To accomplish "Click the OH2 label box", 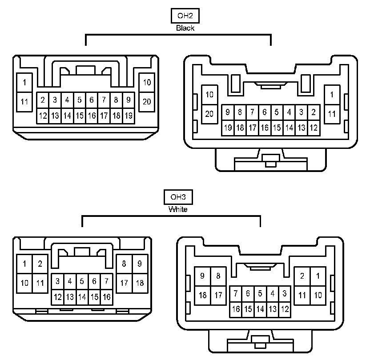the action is click(x=185, y=16).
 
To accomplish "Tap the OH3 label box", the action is click(x=178, y=197).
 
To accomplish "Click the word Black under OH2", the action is click(x=185, y=28).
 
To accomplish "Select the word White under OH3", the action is click(x=178, y=209).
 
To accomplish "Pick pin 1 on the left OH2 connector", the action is click(x=24, y=82).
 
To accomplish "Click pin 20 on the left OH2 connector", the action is click(x=147, y=102).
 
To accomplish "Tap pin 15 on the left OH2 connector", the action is click(x=79, y=116).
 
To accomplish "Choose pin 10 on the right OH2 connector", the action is click(x=209, y=95).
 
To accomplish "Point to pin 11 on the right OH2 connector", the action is click(x=332, y=114).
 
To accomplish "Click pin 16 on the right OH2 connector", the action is click(x=264, y=128).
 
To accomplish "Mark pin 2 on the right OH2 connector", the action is click(x=314, y=112).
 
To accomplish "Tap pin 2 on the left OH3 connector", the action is click(x=40, y=264).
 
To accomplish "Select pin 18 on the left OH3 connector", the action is click(x=139, y=283).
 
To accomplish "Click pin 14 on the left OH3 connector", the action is click(x=82, y=297).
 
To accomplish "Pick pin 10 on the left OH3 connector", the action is click(x=25, y=283).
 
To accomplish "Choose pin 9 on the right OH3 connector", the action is click(x=203, y=276).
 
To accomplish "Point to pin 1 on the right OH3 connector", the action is click(x=318, y=276).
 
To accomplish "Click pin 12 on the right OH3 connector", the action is click(x=285, y=309).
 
